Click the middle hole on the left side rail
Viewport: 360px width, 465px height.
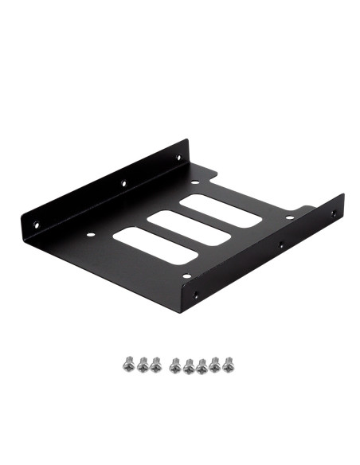tap(123, 183)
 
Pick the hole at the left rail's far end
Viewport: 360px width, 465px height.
tap(178, 158)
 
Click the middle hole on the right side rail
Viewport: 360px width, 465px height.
tap(280, 247)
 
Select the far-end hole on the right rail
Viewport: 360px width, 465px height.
tap(334, 214)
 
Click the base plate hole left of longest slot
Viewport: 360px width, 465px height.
tap(90, 235)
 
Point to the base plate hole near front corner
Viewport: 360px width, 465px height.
tap(186, 276)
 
